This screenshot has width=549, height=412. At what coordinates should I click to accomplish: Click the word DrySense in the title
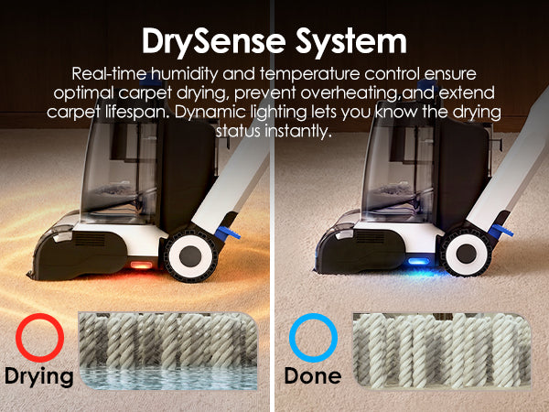(214, 42)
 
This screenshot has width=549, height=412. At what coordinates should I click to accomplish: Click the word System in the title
(350, 42)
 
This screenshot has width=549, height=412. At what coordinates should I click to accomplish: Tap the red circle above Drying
(40, 337)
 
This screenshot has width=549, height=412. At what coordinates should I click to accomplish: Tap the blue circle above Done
(313, 337)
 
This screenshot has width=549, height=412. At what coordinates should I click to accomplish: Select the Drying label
(38, 376)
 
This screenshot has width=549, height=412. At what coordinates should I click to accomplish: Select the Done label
(313, 375)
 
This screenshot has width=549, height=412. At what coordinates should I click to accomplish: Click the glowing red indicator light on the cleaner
(141, 265)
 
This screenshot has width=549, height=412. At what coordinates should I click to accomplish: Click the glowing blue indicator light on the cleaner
(418, 261)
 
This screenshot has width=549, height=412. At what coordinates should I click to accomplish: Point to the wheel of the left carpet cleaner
(191, 255)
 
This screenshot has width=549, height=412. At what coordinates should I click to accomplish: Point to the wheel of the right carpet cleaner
(467, 253)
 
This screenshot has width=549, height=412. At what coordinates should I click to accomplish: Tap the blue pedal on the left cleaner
(228, 233)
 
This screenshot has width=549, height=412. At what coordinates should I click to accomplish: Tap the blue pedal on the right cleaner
(501, 231)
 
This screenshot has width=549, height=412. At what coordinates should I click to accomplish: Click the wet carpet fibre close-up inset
(168, 351)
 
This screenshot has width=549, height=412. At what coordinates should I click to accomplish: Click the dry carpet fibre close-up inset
(442, 351)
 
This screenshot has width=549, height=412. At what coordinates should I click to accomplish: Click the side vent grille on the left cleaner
(90, 240)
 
